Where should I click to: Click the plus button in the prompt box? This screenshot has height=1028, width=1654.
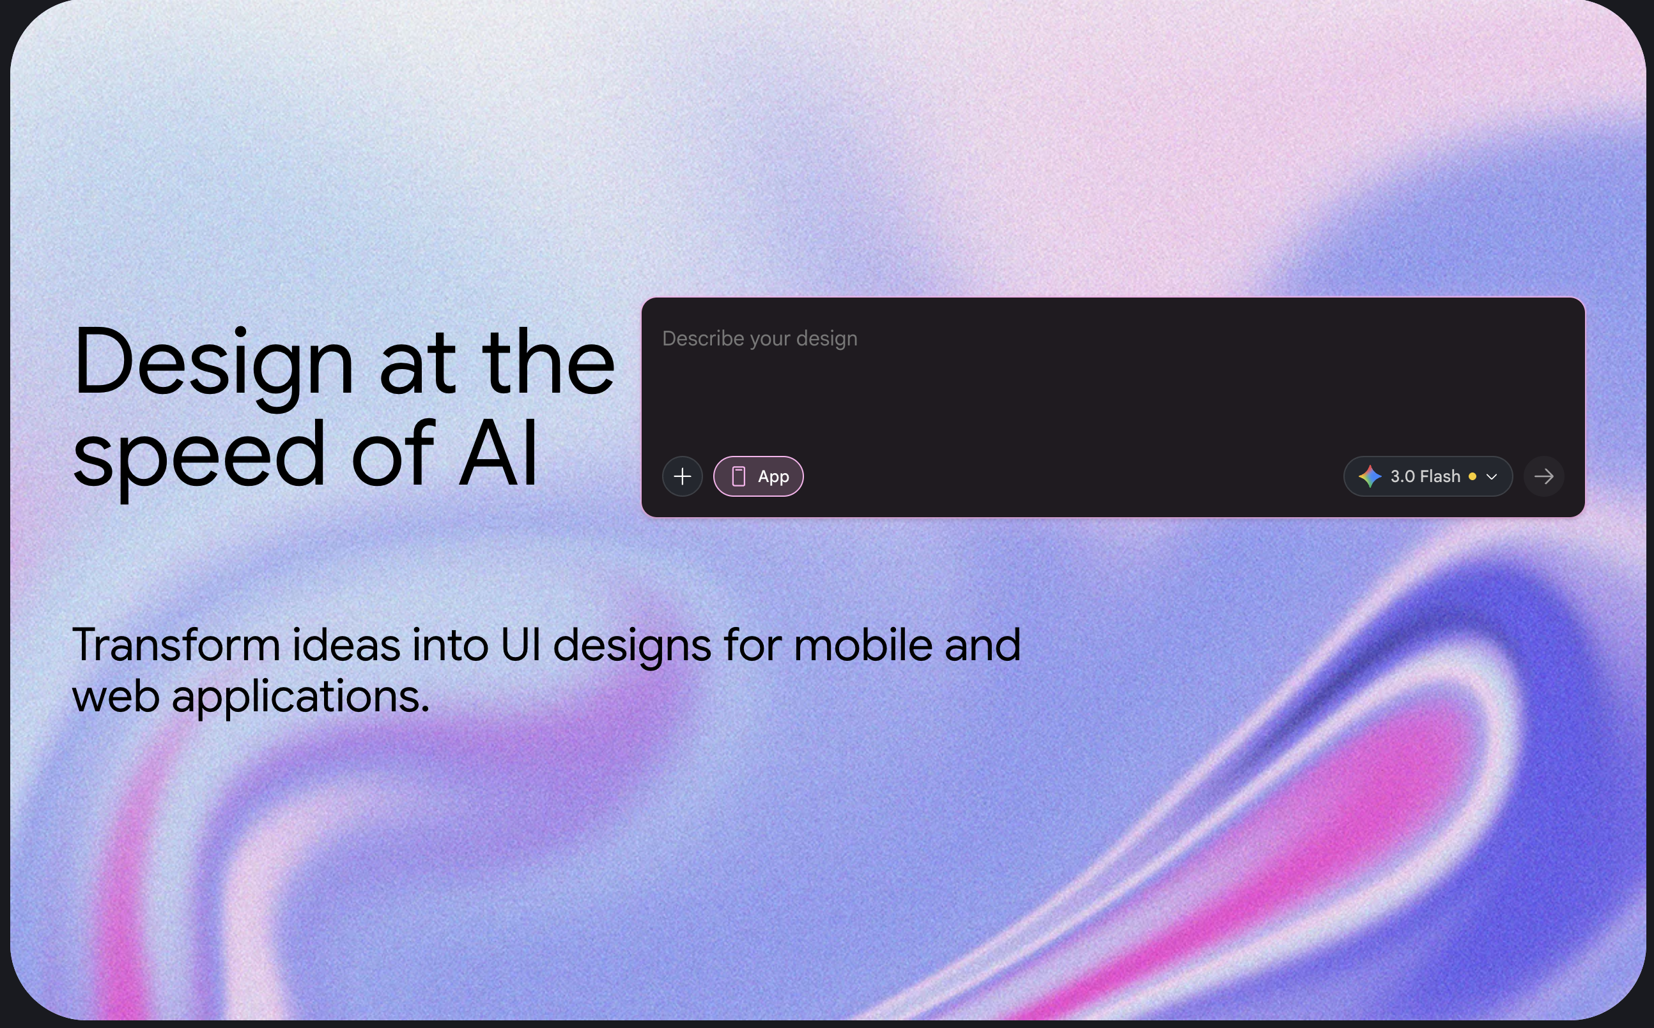click(x=682, y=476)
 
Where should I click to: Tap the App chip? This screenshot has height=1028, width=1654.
click(x=758, y=476)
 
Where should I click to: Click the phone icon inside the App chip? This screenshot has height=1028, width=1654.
click(x=738, y=476)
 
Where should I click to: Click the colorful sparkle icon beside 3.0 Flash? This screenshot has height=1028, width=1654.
click(x=1370, y=476)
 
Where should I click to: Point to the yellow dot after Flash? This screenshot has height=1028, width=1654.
click(x=1472, y=476)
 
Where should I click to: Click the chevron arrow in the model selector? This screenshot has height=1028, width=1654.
click(x=1492, y=476)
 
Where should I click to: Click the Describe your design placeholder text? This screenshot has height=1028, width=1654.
click(x=759, y=338)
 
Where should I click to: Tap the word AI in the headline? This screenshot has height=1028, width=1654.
click(x=499, y=454)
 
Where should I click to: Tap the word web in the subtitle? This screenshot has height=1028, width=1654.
click(x=116, y=697)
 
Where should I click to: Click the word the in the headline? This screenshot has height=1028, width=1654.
click(x=548, y=363)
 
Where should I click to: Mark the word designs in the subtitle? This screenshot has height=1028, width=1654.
click(x=632, y=646)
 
